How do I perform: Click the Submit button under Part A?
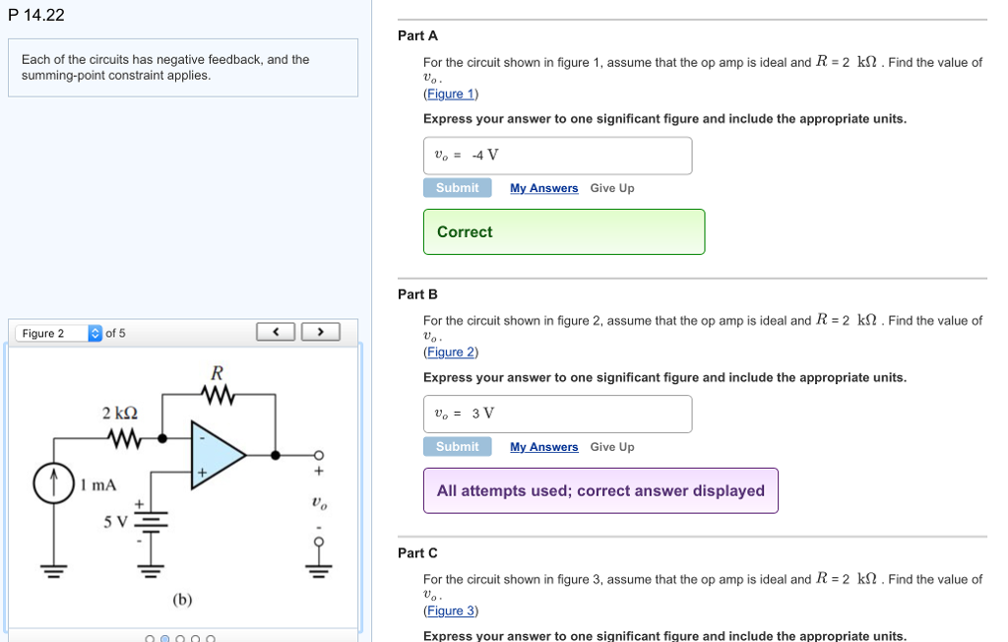click(457, 188)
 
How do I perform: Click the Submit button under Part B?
click(457, 447)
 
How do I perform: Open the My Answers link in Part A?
click(543, 188)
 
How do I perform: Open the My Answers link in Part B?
click(543, 447)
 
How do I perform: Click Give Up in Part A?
click(612, 188)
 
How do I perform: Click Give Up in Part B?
click(612, 447)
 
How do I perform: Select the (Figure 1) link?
click(450, 94)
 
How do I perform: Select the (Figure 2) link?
click(450, 353)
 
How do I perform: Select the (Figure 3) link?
click(450, 610)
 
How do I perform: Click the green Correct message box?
click(564, 231)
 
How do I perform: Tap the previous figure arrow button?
click(276, 332)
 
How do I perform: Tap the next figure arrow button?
click(320, 332)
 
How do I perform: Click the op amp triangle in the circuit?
click(217, 455)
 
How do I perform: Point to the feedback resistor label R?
click(218, 373)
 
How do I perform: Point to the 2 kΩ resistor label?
click(120, 413)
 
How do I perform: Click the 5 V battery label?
click(116, 520)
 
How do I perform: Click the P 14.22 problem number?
click(35, 15)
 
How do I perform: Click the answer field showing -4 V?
click(557, 156)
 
